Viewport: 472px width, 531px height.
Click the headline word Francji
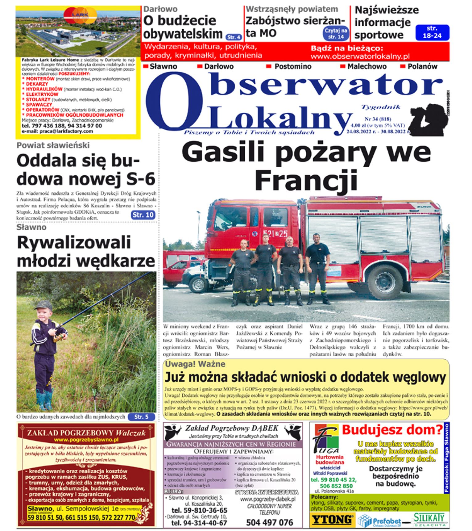pyautogui.click(x=306, y=181)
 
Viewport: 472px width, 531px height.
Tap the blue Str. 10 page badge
pyautogui.click(x=143, y=215)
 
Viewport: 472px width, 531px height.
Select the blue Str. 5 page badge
pyautogui.click(x=141, y=417)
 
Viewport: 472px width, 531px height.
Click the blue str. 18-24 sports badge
pyautogui.click(x=432, y=32)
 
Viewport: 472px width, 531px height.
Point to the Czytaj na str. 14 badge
pyautogui.click(x=336, y=34)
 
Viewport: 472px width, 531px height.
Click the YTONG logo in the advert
pyautogui.click(x=332, y=520)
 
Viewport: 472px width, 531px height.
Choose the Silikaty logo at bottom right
pyautogui.click(x=430, y=519)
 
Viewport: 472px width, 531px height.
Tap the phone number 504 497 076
pyautogui.click(x=269, y=522)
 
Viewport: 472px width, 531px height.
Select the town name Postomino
pyautogui.click(x=293, y=66)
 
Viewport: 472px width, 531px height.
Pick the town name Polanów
pyautogui.click(x=422, y=66)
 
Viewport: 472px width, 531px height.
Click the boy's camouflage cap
pyautogui.click(x=43, y=306)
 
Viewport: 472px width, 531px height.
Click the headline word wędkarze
pyautogui.click(x=116, y=261)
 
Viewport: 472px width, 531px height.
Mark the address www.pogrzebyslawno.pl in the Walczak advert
pyautogui.click(x=86, y=440)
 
